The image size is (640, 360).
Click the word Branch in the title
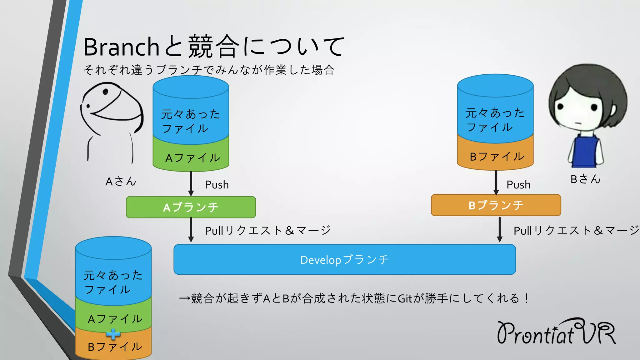[121, 47]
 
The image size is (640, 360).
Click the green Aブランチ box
[191, 207]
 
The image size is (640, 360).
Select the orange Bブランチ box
[496, 205]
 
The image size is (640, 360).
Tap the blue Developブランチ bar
[344, 260]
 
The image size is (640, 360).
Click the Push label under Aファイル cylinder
[217, 185]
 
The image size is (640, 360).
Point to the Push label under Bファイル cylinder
[518, 185]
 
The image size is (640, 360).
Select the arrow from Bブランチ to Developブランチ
[499, 229]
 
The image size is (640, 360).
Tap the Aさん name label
[121, 181]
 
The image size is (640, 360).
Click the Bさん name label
[585, 179]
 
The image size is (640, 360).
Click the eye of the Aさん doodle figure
[105, 92]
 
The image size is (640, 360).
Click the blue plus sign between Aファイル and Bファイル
[113, 334]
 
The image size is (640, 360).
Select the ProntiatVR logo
[556, 332]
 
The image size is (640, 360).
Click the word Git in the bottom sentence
[405, 298]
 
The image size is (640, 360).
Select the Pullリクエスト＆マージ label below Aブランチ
[267, 231]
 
